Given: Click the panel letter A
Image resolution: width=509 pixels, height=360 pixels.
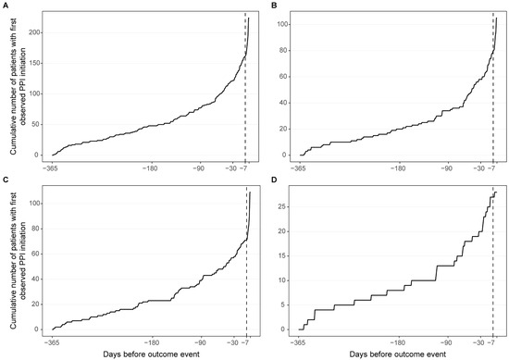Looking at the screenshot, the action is click(x=5, y=6).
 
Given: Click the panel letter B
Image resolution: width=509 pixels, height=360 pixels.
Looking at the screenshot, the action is click(x=274, y=6).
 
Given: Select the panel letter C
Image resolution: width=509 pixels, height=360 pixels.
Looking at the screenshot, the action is click(x=5, y=180).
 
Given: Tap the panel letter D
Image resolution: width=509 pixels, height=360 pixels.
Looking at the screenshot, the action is click(x=274, y=180).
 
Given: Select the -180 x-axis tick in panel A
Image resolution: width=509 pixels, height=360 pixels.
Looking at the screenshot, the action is click(x=150, y=168).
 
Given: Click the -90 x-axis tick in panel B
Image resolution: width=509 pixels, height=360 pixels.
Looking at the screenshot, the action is click(x=448, y=168).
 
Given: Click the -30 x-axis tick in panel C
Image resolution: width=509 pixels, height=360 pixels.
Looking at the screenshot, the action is click(x=232, y=342).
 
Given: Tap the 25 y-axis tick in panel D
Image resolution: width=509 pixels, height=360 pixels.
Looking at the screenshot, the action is click(x=282, y=206).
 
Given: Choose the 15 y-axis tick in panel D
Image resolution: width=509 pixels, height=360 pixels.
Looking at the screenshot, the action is click(x=282, y=255).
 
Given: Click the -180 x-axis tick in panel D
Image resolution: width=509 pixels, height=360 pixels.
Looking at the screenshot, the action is click(x=398, y=342).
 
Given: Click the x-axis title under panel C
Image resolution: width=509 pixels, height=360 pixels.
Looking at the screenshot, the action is click(x=151, y=354).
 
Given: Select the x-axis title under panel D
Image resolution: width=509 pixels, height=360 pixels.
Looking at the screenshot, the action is click(x=398, y=354).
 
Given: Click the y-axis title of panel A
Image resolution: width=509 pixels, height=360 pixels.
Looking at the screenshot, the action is click(x=18, y=87).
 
